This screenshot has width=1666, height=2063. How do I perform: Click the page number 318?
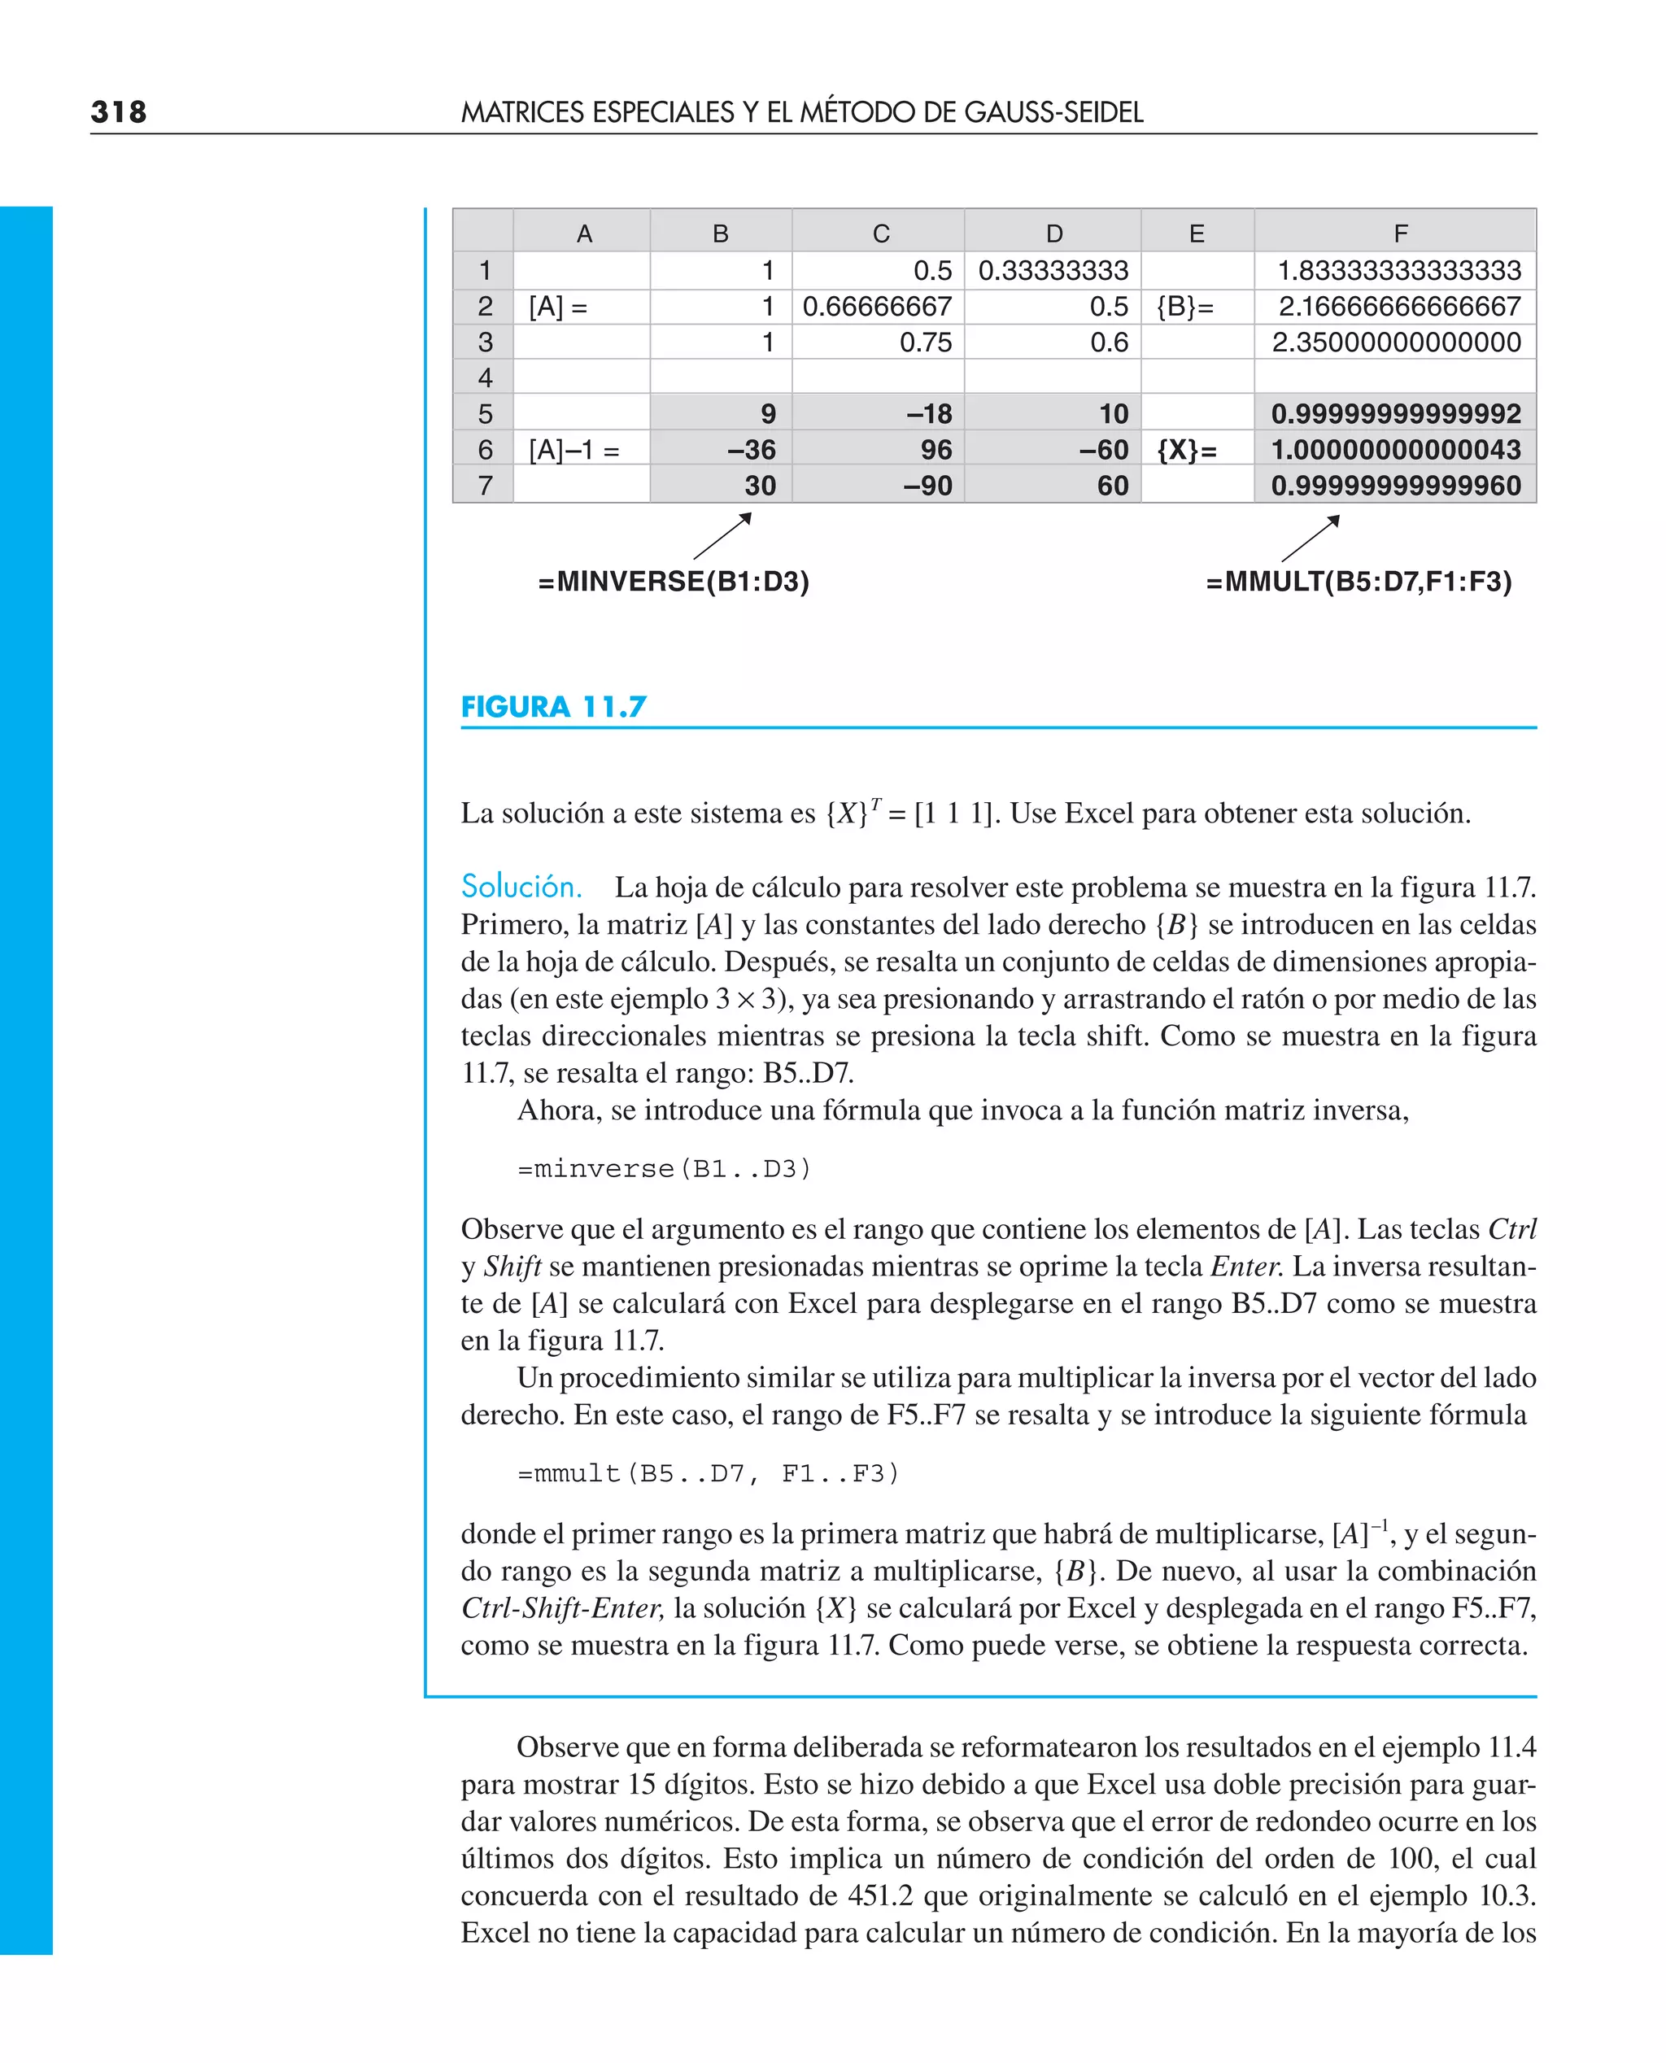point(119,112)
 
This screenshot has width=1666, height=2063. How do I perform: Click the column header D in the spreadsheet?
point(1053,233)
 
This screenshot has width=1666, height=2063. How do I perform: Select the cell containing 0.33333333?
point(1053,271)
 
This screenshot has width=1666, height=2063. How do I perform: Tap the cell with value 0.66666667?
point(877,307)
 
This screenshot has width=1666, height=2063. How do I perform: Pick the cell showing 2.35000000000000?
point(1395,342)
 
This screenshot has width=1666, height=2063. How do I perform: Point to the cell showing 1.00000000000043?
point(1395,450)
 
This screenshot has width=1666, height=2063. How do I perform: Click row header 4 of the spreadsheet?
point(485,378)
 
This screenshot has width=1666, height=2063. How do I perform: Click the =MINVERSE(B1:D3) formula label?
point(674,582)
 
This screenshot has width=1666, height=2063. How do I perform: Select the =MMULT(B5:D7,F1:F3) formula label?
point(1358,582)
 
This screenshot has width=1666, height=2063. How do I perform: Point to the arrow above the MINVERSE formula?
point(722,536)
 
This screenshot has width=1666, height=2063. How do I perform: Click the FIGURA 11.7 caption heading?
point(554,707)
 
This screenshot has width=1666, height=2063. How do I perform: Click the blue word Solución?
point(521,887)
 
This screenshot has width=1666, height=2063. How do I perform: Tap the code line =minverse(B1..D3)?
point(664,1169)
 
